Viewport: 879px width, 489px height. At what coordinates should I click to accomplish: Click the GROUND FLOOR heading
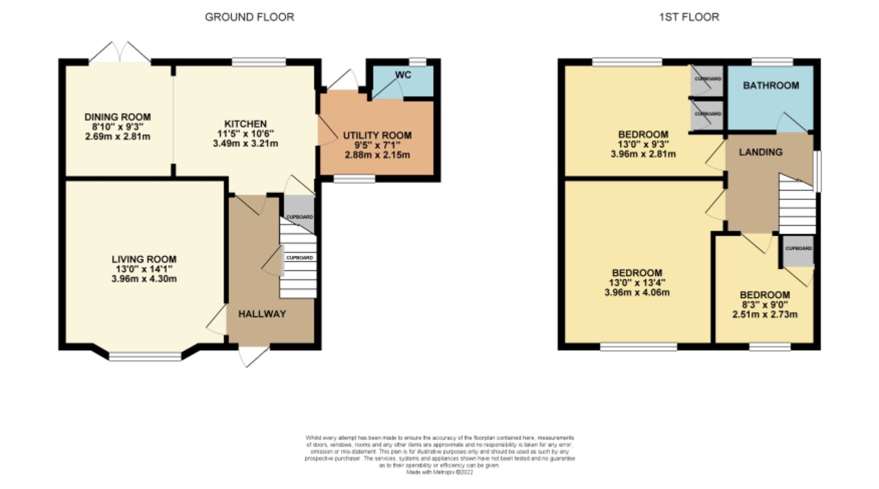pos(249,17)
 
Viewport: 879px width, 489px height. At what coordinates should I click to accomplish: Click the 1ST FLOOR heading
pos(688,17)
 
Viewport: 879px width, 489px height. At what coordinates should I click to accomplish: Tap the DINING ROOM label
pos(117,117)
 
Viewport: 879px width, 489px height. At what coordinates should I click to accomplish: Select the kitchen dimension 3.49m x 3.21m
pos(245,143)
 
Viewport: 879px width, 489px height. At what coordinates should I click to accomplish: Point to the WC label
pos(403,75)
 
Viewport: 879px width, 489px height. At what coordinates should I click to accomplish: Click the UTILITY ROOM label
pos(377,135)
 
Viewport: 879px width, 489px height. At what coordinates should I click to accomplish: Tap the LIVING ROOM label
pos(144,259)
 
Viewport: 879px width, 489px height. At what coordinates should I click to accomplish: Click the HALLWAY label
pos(262,314)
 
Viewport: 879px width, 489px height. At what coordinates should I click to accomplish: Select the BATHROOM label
pos(771,86)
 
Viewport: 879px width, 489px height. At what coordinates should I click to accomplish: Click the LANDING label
pos(760,152)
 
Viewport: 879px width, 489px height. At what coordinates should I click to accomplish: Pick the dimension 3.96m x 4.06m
pos(637,292)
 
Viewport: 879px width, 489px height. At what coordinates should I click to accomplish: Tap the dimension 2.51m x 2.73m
pos(765,314)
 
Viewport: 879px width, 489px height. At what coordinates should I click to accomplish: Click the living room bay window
pos(145,357)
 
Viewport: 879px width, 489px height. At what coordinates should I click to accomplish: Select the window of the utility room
pos(354,179)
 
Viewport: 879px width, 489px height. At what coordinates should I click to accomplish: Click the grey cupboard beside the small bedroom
pos(798,251)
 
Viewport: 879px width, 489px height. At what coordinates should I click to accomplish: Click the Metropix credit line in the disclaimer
pos(439,472)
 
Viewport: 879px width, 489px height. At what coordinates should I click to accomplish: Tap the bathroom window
pos(772,62)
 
